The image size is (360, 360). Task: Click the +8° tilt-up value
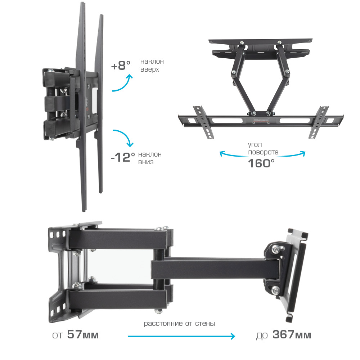(121, 66)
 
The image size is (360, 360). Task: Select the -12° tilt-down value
(123, 157)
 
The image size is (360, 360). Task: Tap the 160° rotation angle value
(261, 163)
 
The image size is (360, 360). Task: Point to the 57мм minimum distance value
(83, 334)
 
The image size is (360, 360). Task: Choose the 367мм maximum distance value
(292, 334)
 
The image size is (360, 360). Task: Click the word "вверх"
(149, 69)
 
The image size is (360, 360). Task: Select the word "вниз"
(145, 162)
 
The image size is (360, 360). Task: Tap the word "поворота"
(263, 152)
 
